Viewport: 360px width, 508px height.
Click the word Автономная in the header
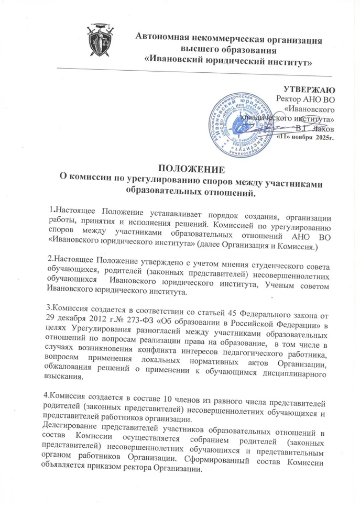point(162,38)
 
